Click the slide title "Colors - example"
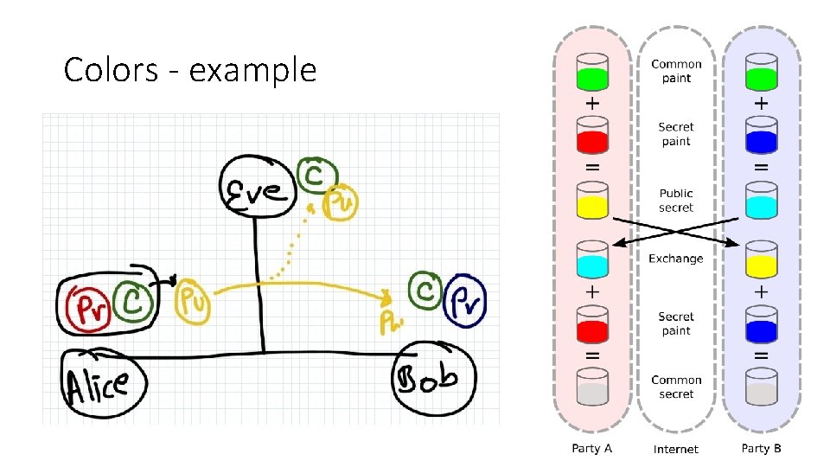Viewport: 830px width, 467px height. (190, 70)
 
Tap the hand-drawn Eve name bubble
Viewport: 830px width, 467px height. (254, 186)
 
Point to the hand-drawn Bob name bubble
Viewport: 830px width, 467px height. (435, 378)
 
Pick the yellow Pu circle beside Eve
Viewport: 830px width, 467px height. (339, 203)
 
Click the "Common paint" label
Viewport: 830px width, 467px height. (676, 71)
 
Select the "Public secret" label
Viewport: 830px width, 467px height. (676, 201)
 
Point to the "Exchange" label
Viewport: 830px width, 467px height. (676, 259)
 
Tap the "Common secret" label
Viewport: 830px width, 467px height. (676, 387)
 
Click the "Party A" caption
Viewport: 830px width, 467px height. (592, 448)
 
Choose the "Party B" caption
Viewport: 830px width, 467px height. (762, 448)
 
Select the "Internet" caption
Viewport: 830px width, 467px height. (676, 449)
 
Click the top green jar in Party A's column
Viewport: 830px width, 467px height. (592, 74)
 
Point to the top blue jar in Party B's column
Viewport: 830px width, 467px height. (761, 138)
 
